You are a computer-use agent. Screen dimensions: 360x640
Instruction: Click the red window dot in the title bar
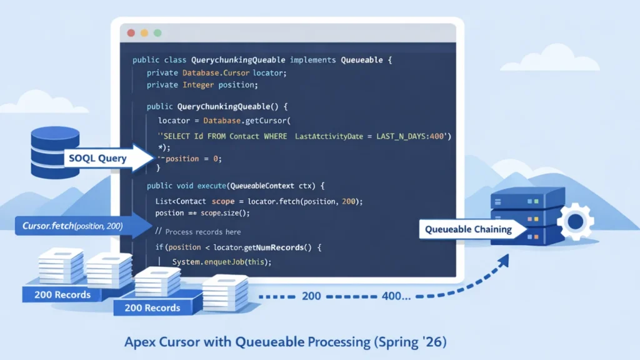[131, 32]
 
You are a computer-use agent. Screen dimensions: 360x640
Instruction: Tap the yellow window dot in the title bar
[144, 32]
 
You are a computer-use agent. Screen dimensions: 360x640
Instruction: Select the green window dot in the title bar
[157, 32]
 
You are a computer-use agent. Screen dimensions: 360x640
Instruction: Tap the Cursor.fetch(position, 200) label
[72, 225]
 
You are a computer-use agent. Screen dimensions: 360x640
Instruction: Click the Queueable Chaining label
[468, 229]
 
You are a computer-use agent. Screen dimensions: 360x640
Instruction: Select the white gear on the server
[575, 222]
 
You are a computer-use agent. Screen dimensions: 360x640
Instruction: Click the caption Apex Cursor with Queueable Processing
[286, 342]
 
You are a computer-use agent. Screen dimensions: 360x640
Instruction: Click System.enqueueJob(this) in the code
[222, 262]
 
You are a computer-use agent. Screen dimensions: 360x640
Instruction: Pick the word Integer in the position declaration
[198, 84]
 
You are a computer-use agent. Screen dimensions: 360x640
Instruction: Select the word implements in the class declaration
[313, 60]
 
